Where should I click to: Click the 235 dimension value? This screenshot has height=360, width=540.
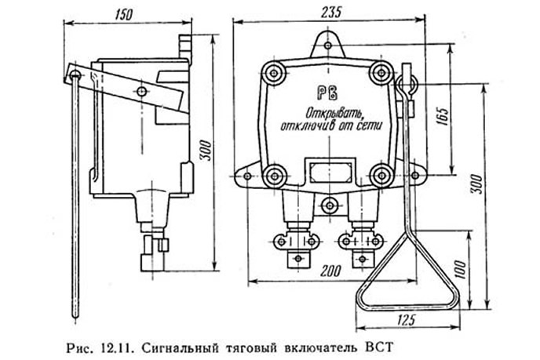coord(331,13)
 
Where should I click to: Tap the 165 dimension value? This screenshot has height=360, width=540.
coord(443,117)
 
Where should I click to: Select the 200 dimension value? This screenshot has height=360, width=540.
coord(331,271)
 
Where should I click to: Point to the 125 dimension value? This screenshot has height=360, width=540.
coord(407,320)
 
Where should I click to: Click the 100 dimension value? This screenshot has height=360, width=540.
coord(462,270)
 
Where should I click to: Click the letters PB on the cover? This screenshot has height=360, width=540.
coord(327,93)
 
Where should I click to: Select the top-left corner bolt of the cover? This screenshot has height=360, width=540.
coord(274,73)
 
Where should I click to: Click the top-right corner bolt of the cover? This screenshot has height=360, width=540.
coord(381,73)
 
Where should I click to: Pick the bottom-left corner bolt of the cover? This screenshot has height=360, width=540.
coord(275,176)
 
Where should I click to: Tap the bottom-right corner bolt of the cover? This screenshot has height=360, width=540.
coord(381,176)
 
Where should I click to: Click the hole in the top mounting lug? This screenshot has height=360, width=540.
coord(328,45)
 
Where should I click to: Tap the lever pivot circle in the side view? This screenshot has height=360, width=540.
coord(141,92)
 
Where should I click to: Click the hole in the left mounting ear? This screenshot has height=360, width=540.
coord(247,176)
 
